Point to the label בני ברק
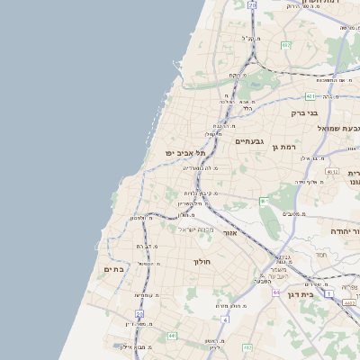point(305,113)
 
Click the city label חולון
point(201,262)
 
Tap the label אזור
point(229,232)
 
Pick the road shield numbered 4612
point(331,171)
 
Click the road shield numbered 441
point(172,336)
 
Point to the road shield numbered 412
point(328,293)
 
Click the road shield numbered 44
point(224,319)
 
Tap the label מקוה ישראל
point(174,229)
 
